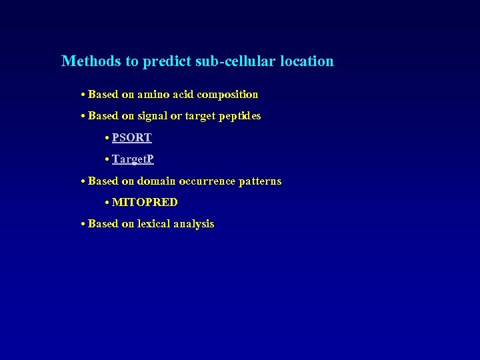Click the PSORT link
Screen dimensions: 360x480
(132, 138)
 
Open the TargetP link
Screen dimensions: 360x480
(133, 159)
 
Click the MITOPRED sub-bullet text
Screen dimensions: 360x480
(145, 202)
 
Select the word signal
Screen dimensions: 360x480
(153, 116)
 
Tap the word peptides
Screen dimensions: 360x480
(238, 116)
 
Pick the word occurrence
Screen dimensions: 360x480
(207, 181)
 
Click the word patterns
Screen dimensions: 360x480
(260, 181)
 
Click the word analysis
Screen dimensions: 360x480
(193, 224)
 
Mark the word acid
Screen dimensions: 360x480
(183, 95)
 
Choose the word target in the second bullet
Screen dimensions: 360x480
(197, 116)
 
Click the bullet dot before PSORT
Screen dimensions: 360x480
(107, 138)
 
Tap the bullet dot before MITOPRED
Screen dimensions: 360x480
(107, 202)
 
